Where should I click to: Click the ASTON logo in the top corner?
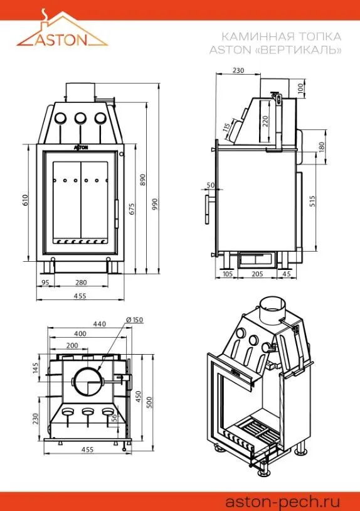click(62, 29)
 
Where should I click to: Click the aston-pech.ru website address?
click(282, 501)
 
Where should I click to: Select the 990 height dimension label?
click(155, 203)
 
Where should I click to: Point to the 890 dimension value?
click(142, 180)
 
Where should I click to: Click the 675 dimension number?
click(132, 208)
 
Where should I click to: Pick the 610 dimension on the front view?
click(25, 200)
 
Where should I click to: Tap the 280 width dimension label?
click(81, 282)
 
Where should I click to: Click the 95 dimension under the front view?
click(45, 282)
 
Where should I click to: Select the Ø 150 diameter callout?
click(135, 320)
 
